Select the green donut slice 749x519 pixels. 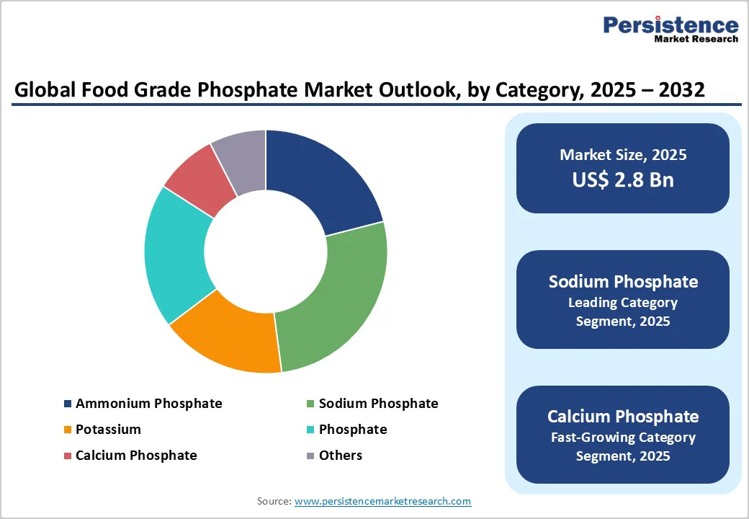[335, 296]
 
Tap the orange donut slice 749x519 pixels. [227, 335]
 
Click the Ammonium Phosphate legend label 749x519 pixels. [148, 404]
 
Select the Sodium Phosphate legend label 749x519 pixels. [378, 404]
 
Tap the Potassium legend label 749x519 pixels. [108, 430]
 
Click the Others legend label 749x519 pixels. [341, 456]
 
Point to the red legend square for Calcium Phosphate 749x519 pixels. [68, 456]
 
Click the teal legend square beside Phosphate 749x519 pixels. [310, 430]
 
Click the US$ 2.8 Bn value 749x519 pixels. [623, 179]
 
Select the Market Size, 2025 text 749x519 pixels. [623, 155]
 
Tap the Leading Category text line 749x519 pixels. [623, 303]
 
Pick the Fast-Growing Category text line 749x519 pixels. [623, 438]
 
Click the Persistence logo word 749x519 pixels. [670, 25]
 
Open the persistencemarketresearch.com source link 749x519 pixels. [383, 501]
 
